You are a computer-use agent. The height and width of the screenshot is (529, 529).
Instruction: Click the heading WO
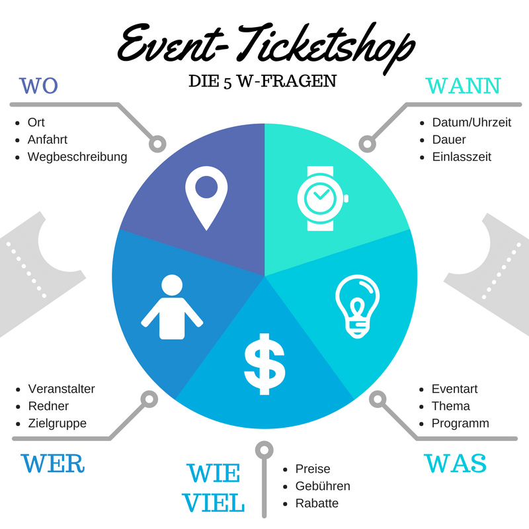coord(39,86)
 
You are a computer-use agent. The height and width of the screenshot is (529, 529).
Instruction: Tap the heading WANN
coord(463,86)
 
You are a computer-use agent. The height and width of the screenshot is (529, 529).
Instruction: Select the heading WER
coord(53,463)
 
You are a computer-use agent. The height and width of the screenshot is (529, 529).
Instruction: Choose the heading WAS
coord(455,463)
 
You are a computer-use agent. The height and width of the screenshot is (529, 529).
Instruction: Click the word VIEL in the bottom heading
coord(214,503)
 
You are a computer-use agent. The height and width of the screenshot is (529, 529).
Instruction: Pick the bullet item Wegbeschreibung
coord(77,157)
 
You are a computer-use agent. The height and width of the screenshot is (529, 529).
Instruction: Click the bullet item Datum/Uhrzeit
coord(471,122)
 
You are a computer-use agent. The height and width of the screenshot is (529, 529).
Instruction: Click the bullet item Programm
coord(460,423)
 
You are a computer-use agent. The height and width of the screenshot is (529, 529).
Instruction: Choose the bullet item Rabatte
coord(317,503)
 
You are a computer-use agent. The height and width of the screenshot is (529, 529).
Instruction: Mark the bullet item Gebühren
coord(323,486)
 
